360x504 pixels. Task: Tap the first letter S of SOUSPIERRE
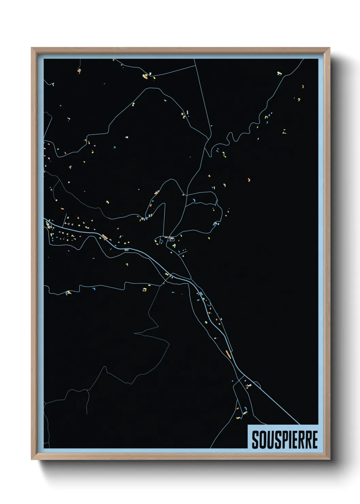(x=255, y=440)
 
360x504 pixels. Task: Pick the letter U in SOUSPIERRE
(x=269, y=440)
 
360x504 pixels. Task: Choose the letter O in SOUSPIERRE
(x=262, y=440)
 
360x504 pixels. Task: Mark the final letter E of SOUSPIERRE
(x=314, y=440)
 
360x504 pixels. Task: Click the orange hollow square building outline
(x=144, y=290)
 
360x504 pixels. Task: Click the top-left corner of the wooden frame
(x=32, y=48)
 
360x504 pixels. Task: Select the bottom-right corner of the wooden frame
(x=329, y=459)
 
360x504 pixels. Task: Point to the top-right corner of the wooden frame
(x=329, y=48)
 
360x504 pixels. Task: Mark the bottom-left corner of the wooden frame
(x=32, y=459)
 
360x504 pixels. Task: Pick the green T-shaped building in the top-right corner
(x=279, y=73)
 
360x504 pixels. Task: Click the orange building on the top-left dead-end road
(x=79, y=70)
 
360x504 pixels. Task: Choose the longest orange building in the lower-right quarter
(x=228, y=353)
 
